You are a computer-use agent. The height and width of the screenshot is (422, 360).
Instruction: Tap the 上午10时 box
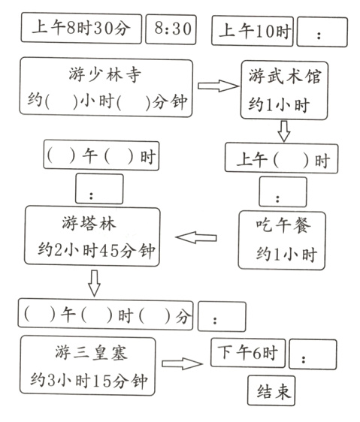tap(253, 32)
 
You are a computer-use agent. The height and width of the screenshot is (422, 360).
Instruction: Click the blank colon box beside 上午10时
tap(322, 32)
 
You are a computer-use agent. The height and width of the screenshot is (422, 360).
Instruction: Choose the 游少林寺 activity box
tap(106, 88)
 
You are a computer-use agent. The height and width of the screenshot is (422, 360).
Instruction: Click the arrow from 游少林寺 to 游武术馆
tap(216, 86)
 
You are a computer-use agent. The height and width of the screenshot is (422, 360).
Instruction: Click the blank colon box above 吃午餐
tap(282, 192)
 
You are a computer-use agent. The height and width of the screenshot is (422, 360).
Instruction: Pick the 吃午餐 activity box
tap(281, 240)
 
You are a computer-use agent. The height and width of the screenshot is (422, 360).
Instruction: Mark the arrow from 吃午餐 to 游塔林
tap(195, 238)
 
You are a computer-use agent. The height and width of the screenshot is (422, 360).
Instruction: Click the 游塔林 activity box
tap(93, 236)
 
